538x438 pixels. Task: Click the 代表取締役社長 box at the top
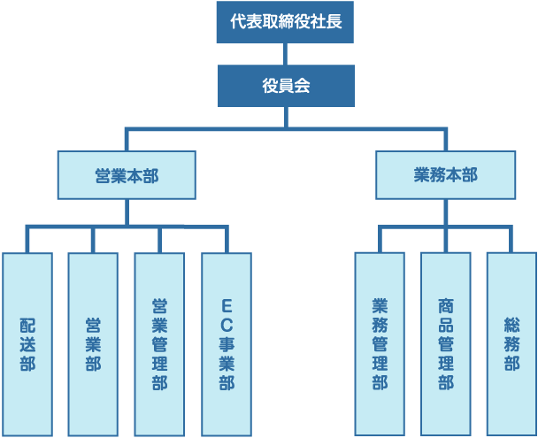[285, 21]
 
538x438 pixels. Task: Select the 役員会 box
[285, 86]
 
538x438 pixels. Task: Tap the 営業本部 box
[127, 174]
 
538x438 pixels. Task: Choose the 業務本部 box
[445, 174]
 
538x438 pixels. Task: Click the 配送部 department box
[27, 345]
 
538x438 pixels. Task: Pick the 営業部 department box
[93, 345]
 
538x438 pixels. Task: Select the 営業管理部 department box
[159, 345]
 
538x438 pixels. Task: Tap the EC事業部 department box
[227, 345]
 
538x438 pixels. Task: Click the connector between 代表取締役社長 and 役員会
[285, 54]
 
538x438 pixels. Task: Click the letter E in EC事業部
[227, 305]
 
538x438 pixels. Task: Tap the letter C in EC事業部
[227, 325]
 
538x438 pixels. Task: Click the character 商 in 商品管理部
[445, 305]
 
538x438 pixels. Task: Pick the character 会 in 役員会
[303, 86]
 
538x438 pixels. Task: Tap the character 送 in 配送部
[27, 344]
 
